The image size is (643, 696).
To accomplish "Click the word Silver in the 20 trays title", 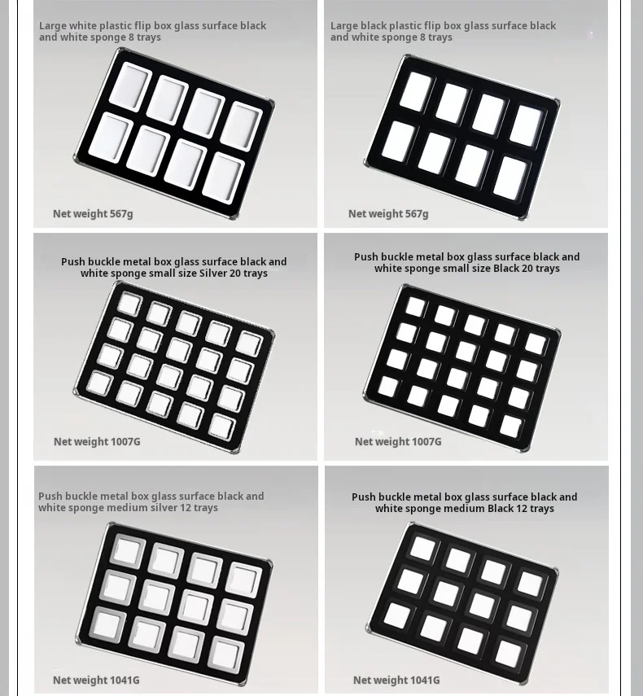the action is click(213, 273).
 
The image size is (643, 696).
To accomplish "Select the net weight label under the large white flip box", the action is click(93, 214).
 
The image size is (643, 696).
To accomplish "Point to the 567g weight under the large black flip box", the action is click(416, 214).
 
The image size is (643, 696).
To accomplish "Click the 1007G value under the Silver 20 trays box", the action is click(125, 442).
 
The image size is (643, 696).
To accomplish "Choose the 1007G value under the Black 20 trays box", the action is click(426, 442).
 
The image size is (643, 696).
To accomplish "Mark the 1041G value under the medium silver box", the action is click(125, 680).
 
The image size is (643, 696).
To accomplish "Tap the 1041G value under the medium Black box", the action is click(425, 680).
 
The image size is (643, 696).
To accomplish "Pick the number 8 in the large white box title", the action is click(131, 37).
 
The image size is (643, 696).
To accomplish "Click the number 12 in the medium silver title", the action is click(186, 507).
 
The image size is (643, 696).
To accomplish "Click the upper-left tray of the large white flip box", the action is click(131, 85).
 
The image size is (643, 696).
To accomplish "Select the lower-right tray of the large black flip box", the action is click(512, 178).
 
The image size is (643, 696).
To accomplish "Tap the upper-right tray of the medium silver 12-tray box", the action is click(243, 579).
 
